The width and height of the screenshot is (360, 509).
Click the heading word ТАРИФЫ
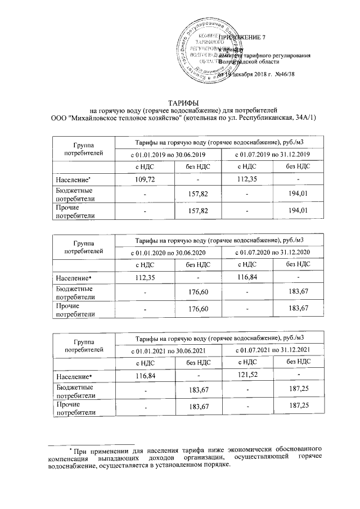point(180,102)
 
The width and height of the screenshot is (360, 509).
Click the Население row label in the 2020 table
point(73,277)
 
